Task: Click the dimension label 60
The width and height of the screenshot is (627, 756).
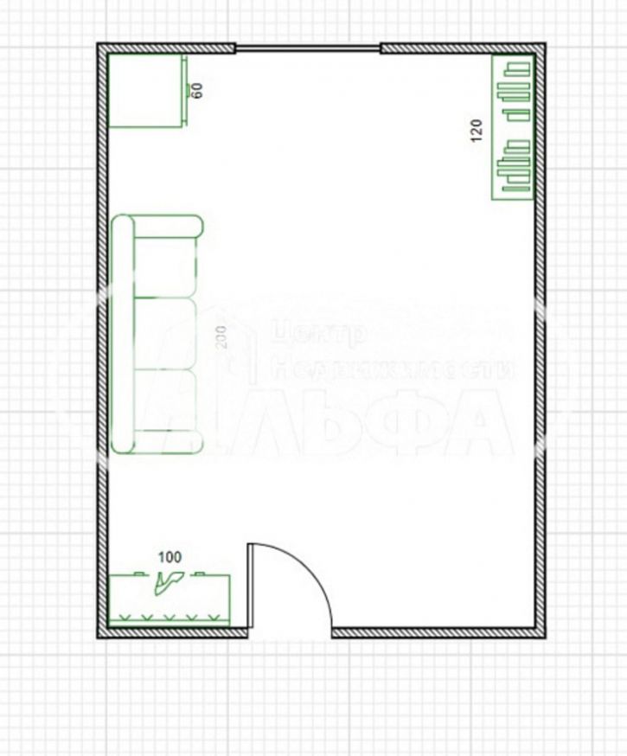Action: pos(197,89)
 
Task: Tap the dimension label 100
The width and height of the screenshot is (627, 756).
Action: pos(170,558)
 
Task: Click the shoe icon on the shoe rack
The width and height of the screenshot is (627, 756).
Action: pos(168,584)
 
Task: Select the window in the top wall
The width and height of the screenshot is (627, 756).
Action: pos(307,48)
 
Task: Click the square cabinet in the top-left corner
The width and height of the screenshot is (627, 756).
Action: pos(144,90)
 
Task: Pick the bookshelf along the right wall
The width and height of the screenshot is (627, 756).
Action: pos(512,127)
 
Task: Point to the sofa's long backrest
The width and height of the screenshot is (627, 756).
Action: pos(123,335)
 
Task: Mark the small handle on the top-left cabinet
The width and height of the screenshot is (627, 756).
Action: pos(187,90)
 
